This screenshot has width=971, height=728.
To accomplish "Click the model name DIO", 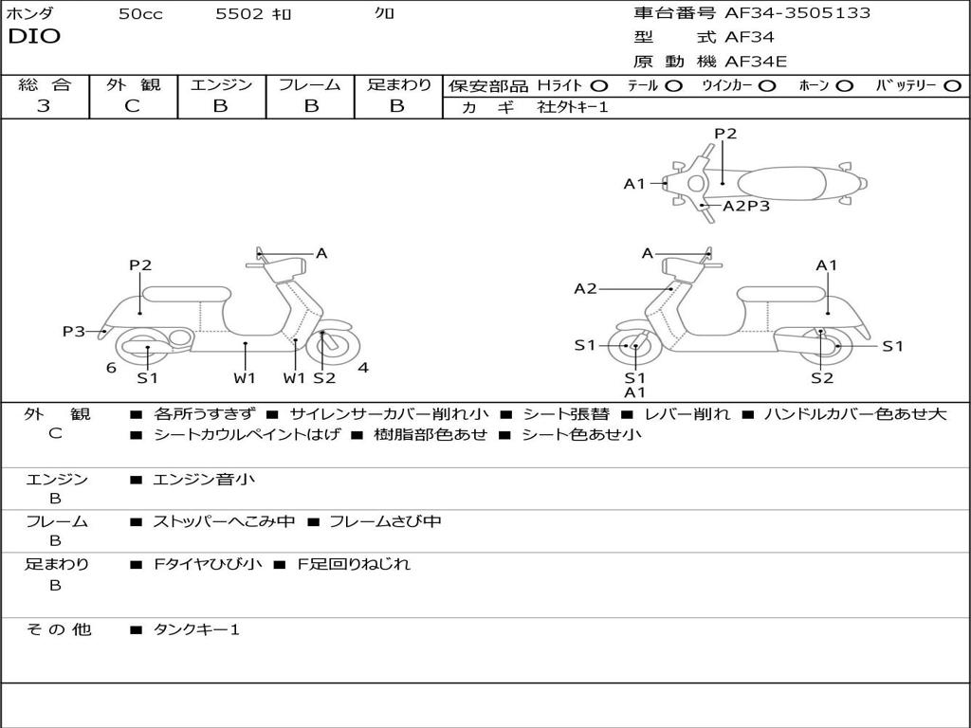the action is click(x=33, y=37).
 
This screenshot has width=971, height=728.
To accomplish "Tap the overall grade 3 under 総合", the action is click(x=44, y=106).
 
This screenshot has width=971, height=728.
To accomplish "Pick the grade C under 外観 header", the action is click(x=132, y=106).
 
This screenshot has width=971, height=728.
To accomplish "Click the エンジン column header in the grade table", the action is click(x=221, y=85).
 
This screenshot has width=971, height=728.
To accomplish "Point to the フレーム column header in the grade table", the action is click(x=309, y=85).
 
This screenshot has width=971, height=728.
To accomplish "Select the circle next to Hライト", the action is click(x=599, y=86).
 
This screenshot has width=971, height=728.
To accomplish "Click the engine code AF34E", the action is click(x=756, y=62).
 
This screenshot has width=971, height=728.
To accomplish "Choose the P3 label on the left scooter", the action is click(x=74, y=331).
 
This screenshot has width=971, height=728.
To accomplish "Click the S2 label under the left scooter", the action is click(x=324, y=378).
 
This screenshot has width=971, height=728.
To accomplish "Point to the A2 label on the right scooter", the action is click(x=585, y=289).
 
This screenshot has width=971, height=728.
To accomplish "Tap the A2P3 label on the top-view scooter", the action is click(x=746, y=206).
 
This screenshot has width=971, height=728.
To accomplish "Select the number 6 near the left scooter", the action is click(x=111, y=368).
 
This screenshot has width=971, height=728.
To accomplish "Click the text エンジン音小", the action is click(x=204, y=480).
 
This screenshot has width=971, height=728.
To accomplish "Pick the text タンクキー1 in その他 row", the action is click(x=196, y=629).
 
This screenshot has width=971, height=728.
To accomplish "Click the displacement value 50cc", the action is click(x=140, y=14).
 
